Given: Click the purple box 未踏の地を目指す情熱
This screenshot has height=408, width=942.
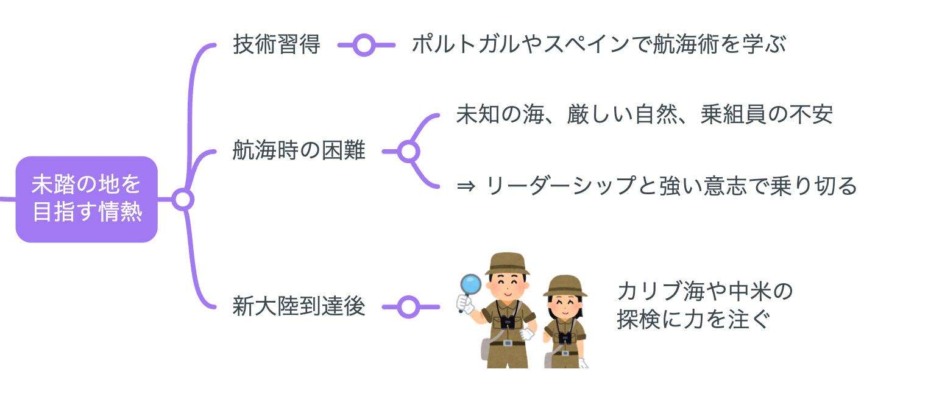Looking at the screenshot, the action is coord(87,199).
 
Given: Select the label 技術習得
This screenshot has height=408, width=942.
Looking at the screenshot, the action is coord(276,44).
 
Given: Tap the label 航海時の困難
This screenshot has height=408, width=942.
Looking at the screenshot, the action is coord(299,150).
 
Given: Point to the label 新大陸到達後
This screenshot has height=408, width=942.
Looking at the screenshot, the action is coord(299,307).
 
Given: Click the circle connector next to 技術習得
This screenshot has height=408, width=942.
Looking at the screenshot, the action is coord(364,44).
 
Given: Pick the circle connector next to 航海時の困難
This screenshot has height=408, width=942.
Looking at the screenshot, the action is coord(408,151).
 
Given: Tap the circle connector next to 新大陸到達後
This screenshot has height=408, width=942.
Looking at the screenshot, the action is coord(408,307).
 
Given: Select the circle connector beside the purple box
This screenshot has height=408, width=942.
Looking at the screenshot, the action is coord(182,199).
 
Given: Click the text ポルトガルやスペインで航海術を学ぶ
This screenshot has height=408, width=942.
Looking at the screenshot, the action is coord(599,44).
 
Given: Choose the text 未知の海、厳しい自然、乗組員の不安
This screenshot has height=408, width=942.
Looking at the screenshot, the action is coord(644,115).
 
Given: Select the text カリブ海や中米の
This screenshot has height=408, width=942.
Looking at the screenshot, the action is coord(704,292).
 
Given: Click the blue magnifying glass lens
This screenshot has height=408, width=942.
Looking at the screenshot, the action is coord(470,284).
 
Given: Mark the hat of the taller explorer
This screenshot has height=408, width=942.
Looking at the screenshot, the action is coord(507,263).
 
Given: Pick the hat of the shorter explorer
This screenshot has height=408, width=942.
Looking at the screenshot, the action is coord(565,286).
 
